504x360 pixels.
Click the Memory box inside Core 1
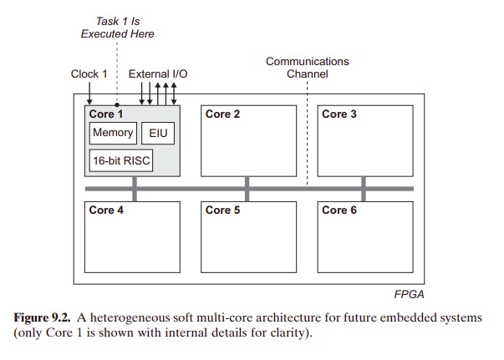tap(112, 133)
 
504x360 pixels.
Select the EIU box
tap(159, 133)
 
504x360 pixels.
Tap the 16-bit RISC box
tap(120, 160)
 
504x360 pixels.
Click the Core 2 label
tap(222, 114)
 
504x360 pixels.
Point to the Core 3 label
tap(339, 114)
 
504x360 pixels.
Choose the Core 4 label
tap(106, 210)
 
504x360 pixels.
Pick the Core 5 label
tap(222, 210)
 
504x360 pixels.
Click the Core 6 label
tap(339, 210)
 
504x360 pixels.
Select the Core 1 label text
tap(106, 114)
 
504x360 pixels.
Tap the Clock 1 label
tap(89, 74)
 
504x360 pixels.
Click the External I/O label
tap(157, 74)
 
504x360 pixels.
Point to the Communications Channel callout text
tap(307, 68)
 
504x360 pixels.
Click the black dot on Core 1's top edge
tap(117, 105)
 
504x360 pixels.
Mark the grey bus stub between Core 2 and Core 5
tap(247, 189)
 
